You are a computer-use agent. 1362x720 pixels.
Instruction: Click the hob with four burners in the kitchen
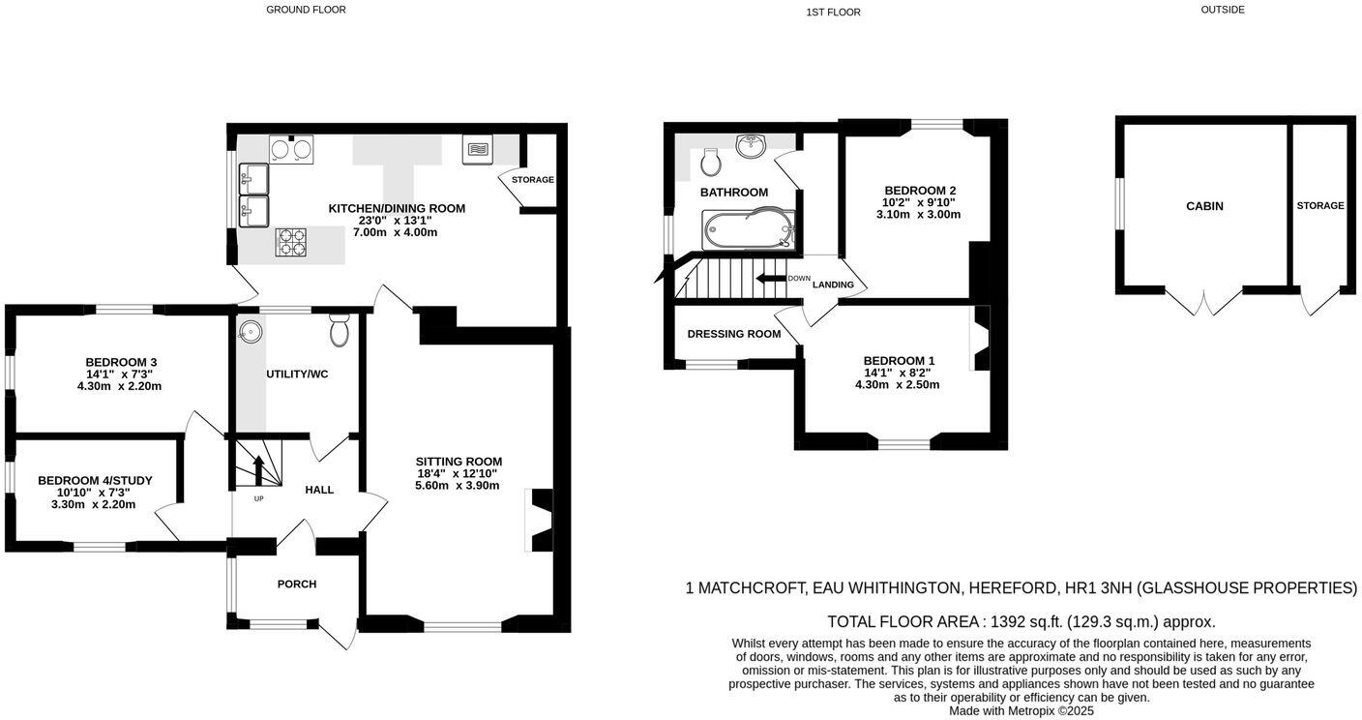(292, 242)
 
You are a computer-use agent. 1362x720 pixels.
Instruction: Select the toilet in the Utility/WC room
(339, 330)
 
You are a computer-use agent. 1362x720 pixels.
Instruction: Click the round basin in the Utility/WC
(251, 331)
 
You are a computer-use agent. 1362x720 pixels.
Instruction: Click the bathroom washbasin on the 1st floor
(751, 145)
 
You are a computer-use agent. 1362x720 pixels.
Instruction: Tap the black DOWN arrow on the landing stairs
(771, 279)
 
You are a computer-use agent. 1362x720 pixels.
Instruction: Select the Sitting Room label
(459, 462)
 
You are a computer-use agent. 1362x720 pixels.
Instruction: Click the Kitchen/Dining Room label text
(397, 208)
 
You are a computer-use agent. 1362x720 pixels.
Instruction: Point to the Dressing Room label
(733, 334)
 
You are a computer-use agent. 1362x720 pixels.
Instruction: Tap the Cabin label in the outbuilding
(1204, 206)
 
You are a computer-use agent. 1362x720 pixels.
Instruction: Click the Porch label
(297, 585)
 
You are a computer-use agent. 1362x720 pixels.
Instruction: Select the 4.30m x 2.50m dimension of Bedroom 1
(897, 385)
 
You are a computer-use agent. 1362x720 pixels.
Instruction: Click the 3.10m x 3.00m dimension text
(918, 215)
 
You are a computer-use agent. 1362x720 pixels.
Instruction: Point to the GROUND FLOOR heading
(306, 10)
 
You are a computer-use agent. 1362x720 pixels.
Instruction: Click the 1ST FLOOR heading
(833, 13)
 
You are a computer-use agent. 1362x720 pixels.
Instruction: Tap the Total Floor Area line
(1021, 622)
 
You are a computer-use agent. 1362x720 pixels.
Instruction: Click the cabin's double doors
(1203, 301)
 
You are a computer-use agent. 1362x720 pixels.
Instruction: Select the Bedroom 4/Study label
(95, 481)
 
